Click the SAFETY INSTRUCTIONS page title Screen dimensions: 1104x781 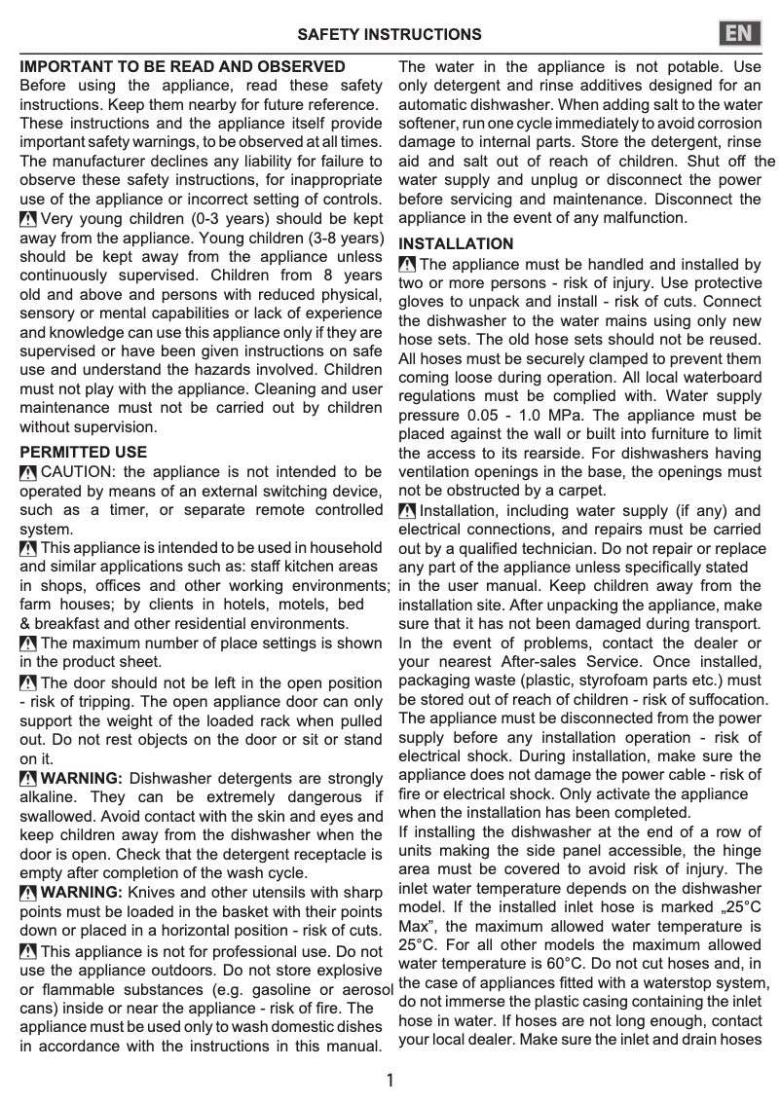pyautogui.click(x=390, y=35)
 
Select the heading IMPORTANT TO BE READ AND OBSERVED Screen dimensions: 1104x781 pyautogui.click(x=183, y=67)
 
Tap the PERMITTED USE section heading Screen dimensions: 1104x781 pyautogui.click(x=84, y=452)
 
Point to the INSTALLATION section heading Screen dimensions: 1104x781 pyautogui.click(x=456, y=243)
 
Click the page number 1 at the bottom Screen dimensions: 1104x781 pyautogui.click(x=390, y=1081)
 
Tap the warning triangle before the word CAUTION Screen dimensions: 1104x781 pyautogui.click(x=29, y=472)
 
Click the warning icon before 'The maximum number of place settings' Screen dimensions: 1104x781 pyautogui.click(x=29, y=644)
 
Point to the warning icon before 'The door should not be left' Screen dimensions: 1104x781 pyautogui.click(x=29, y=683)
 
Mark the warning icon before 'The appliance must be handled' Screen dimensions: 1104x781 pyautogui.click(x=408, y=264)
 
